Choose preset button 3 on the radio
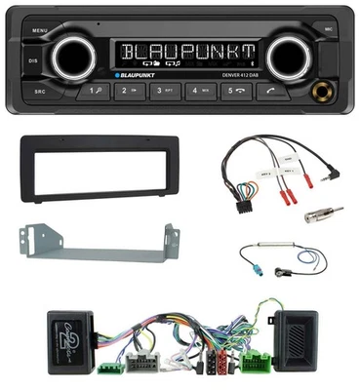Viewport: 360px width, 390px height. pos(166,93)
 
